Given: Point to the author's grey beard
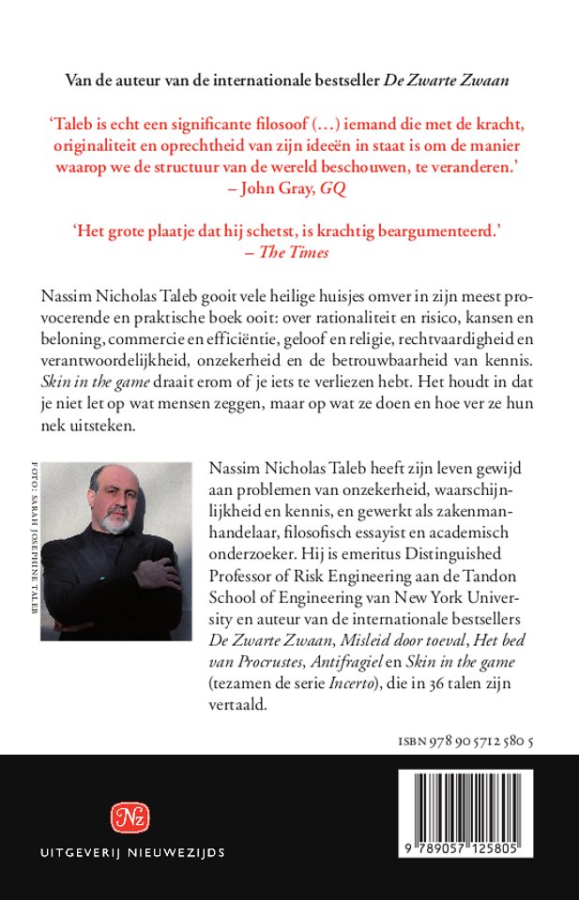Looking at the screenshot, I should click(116, 521).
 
